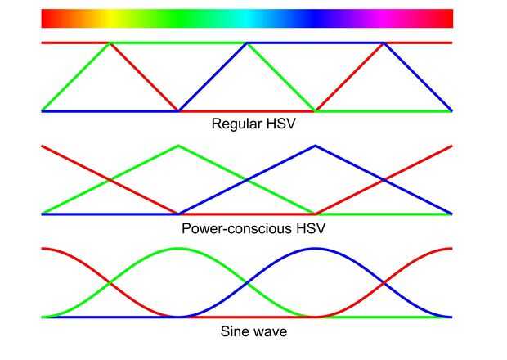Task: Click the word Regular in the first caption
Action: click(233, 125)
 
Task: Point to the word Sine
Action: click(235, 332)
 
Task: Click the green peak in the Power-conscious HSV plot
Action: click(178, 146)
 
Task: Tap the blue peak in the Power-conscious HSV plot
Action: click(315, 146)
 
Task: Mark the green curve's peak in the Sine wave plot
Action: click(178, 248)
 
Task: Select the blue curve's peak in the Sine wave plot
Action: click(315, 248)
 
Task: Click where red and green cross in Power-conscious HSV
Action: click(110, 180)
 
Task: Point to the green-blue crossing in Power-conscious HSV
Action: click(246, 180)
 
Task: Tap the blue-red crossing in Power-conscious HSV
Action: click(384, 180)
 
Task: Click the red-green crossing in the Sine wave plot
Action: click(110, 283)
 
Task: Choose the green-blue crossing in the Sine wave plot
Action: click(246, 283)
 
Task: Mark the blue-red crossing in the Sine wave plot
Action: click(384, 283)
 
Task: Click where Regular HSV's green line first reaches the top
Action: click(110, 43)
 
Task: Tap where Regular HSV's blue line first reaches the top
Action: click(246, 43)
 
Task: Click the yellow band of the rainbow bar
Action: click(110, 18)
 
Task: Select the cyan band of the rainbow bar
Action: click(247, 18)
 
